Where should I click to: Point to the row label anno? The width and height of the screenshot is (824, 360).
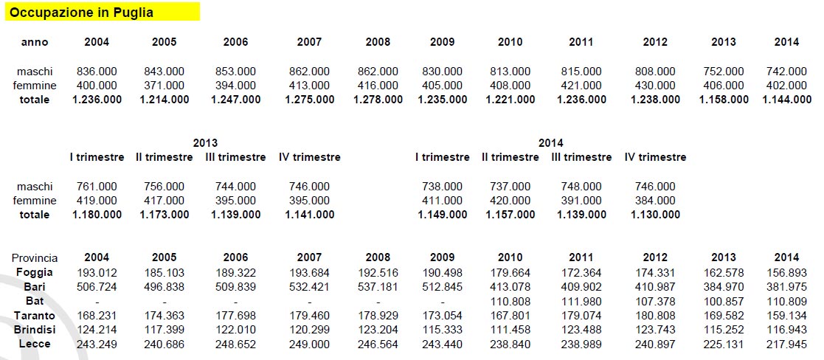[x=35, y=42]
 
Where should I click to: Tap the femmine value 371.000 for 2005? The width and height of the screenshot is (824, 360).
[x=164, y=86]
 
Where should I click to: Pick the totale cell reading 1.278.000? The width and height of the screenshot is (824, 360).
[x=378, y=100]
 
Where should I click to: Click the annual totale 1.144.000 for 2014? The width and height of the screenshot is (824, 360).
[x=786, y=100]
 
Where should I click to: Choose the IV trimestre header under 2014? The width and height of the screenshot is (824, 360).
[x=655, y=157]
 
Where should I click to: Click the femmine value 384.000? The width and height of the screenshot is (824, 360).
[x=655, y=201]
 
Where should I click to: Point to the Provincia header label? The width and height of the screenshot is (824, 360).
[x=35, y=258]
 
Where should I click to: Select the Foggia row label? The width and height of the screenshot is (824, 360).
[x=35, y=272]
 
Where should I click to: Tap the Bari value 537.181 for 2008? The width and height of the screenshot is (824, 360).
[x=378, y=286]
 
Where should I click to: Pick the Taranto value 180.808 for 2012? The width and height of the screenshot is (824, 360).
[x=655, y=315]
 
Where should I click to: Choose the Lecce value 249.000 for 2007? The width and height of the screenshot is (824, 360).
[x=309, y=344]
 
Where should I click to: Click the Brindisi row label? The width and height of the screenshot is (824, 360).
[x=35, y=329]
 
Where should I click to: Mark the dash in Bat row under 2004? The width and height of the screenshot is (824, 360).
[x=97, y=301]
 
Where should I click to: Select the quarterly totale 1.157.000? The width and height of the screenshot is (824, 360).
[x=510, y=215]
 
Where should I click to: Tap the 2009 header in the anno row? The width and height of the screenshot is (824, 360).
[x=443, y=42]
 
